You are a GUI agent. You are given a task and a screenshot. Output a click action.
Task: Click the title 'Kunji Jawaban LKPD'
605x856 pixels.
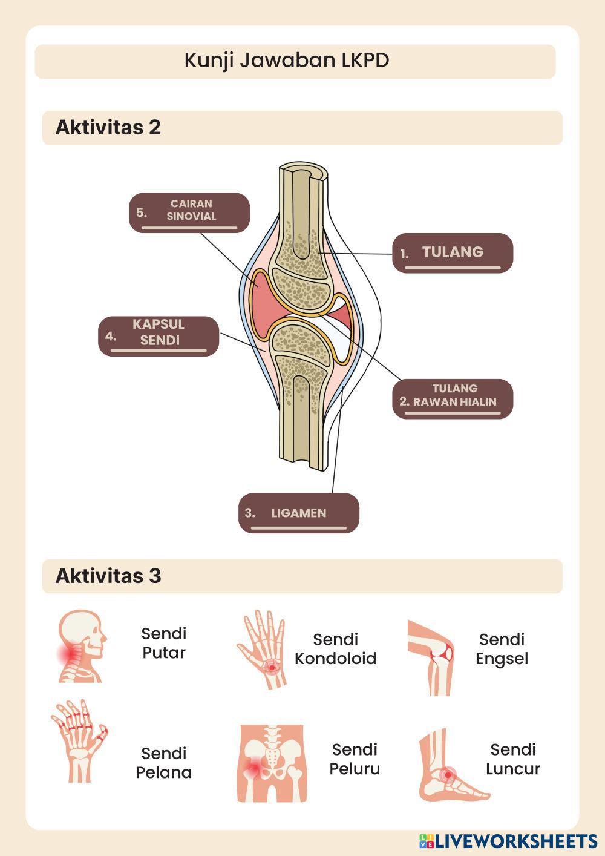pos(287,61)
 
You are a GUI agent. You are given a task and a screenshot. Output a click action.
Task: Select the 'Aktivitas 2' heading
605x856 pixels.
pos(108,127)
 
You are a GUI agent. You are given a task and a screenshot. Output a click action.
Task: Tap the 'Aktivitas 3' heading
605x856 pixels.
pos(108,575)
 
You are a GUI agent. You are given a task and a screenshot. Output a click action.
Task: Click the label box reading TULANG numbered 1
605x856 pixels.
pos(453,253)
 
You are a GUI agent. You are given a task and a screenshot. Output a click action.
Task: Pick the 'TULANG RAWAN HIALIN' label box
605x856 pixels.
pos(453,398)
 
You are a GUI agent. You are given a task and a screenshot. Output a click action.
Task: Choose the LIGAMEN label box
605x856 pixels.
pos(298,513)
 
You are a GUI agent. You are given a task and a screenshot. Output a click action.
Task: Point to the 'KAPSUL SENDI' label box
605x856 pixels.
pos(159,335)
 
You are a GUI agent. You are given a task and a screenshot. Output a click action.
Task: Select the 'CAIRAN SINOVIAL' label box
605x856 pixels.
pos(189,212)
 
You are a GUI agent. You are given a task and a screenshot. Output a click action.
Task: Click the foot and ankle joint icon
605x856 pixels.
pos(451,766)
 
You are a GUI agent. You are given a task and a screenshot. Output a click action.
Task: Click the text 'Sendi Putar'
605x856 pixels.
pos(163,643)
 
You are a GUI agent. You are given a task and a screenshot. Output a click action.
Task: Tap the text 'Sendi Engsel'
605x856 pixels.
pos(502,649)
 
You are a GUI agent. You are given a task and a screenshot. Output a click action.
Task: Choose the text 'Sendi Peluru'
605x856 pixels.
pos(355,759)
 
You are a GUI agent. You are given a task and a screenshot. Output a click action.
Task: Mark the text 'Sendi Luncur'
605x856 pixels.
pos(513,759)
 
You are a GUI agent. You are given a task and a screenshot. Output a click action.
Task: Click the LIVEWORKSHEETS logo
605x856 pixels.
pos(508,841)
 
